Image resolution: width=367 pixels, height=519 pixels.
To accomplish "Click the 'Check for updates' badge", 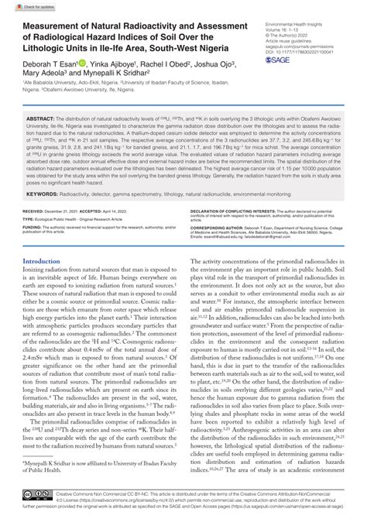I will (x=23, y=7).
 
